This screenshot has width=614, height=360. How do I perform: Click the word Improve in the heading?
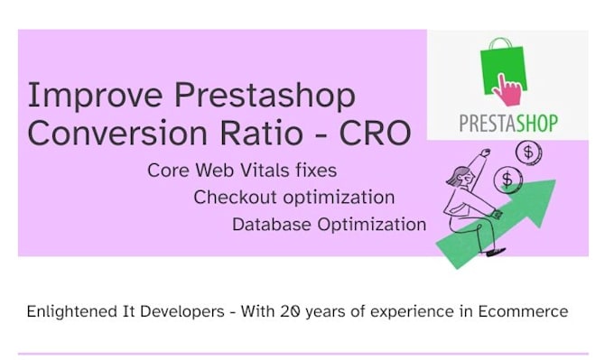(95, 96)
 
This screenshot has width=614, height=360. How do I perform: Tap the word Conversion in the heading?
(117, 133)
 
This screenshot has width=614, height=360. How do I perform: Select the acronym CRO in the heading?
(375, 133)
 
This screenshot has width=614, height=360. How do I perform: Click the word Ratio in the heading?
(261, 133)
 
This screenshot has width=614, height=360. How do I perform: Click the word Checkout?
(235, 198)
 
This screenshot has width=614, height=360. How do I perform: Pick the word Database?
(272, 225)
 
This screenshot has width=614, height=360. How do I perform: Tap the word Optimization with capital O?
(372, 225)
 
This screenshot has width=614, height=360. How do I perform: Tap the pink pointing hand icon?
(507, 90)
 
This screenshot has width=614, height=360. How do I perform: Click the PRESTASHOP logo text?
(508, 124)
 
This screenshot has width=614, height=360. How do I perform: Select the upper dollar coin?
(528, 152)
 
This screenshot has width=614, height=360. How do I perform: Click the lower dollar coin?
(507, 180)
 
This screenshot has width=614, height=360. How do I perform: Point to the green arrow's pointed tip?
(555, 180)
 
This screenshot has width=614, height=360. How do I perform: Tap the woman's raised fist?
(486, 152)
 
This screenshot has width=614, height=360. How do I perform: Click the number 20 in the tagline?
(291, 312)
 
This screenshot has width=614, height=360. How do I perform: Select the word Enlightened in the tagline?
(71, 312)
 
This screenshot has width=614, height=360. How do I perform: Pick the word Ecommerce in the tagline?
(523, 312)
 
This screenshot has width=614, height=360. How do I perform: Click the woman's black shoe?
(496, 252)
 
